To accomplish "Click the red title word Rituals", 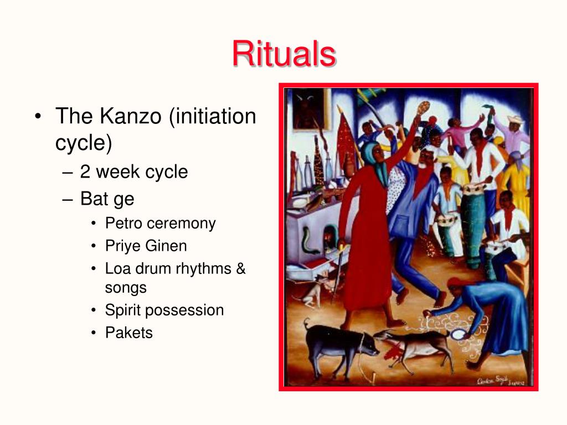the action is pyautogui.click(x=284, y=54).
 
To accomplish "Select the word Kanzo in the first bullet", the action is pyautogui.click(x=130, y=116).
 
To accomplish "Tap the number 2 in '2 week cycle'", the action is pyautogui.click(x=85, y=172).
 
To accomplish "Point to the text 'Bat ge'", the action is pyautogui.click(x=107, y=199).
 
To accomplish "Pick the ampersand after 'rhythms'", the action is pyautogui.click(x=241, y=268).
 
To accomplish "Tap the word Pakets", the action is pyautogui.click(x=129, y=333).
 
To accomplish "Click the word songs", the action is pyautogui.click(x=126, y=288).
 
